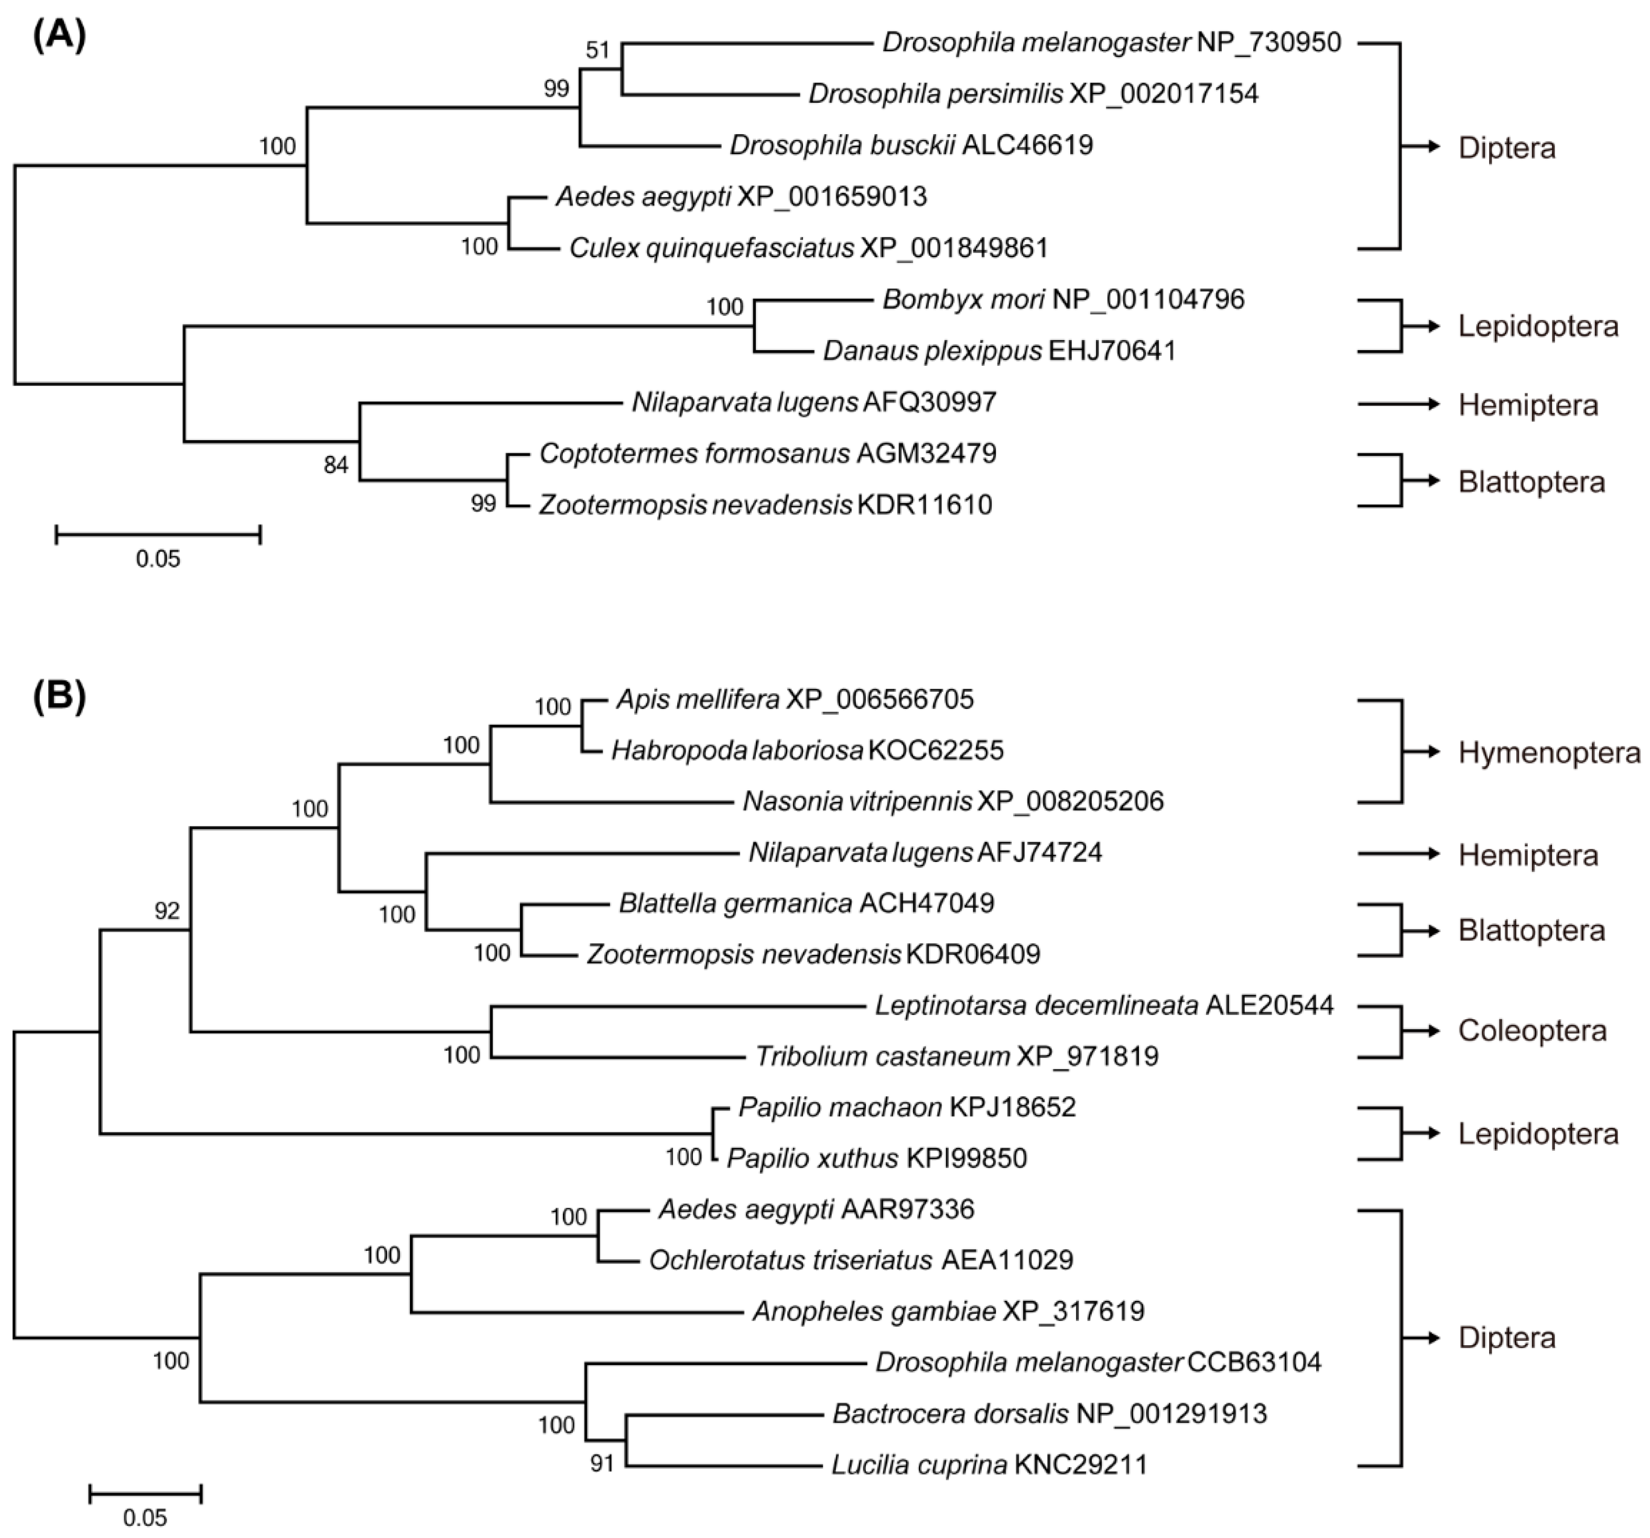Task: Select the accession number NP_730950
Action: point(1269,42)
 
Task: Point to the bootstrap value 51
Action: point(598,50)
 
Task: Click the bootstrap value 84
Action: point(335,465)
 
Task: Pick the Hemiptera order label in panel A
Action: point(1528,405)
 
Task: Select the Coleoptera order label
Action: point(1532,1031)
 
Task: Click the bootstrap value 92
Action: point(167,911)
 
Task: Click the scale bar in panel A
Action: point(158,533)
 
